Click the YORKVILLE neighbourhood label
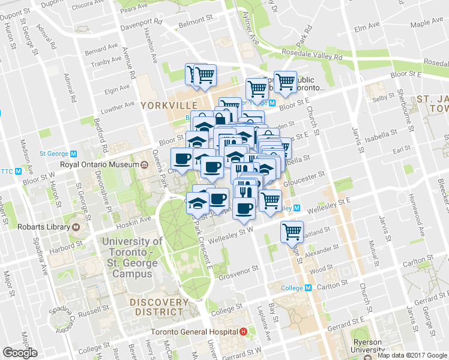pos(165,106)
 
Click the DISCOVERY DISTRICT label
pos(158,307)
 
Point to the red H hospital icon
pos(243,332)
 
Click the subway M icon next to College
pos(308,287)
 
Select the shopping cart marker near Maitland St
pos(292,232)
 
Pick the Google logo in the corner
pos(20,353)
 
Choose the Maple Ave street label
pos(427,23)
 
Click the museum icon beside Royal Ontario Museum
pos(145,165)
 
